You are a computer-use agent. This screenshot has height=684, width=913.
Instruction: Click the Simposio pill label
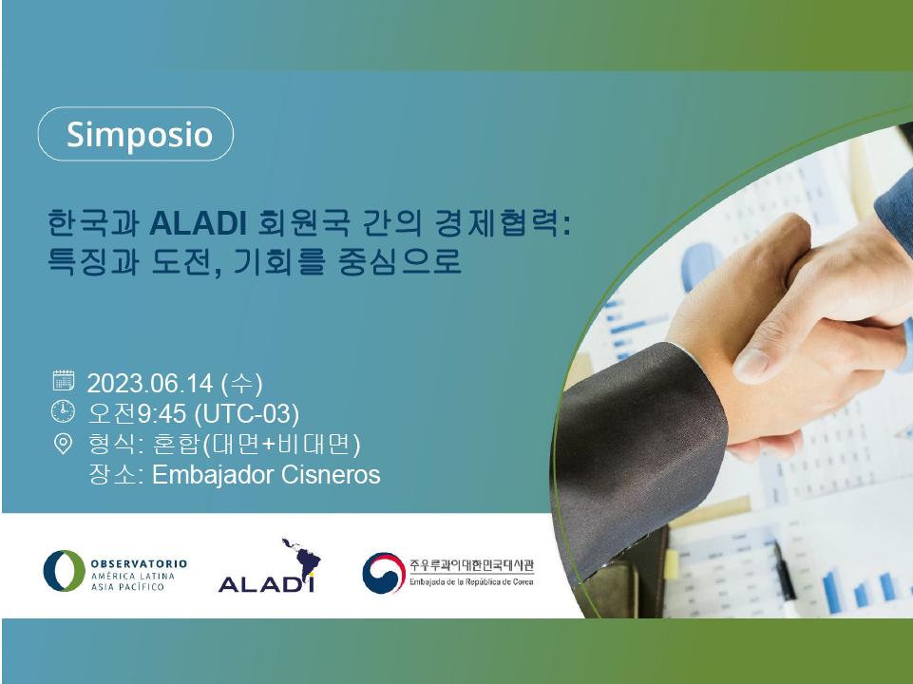(135, 134)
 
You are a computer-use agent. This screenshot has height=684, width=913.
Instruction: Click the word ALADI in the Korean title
(198, 223)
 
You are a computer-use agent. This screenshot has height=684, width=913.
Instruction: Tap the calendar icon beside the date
(64, 380)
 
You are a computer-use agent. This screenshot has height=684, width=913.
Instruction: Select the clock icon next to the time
(63, 411)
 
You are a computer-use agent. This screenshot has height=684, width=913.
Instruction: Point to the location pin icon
(63, 444)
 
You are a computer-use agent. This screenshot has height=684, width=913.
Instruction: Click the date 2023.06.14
(150, 384)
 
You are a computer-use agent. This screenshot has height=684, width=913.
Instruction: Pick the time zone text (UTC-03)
(246, 414)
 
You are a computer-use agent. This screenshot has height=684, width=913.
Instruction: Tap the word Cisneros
(331, 475)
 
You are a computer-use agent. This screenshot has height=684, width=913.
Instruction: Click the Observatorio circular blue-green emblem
(64, 571)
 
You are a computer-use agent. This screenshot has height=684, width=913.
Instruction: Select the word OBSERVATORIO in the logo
(139, 563)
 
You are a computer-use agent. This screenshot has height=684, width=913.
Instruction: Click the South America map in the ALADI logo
(302, 558)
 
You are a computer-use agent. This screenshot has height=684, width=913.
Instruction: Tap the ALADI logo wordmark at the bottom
(266, 584)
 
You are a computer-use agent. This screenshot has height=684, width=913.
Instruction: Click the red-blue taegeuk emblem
(384, 573)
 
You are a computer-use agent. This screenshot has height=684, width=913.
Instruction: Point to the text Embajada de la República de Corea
(471, 581)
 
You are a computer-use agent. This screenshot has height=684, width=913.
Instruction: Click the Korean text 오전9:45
(137, 414)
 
